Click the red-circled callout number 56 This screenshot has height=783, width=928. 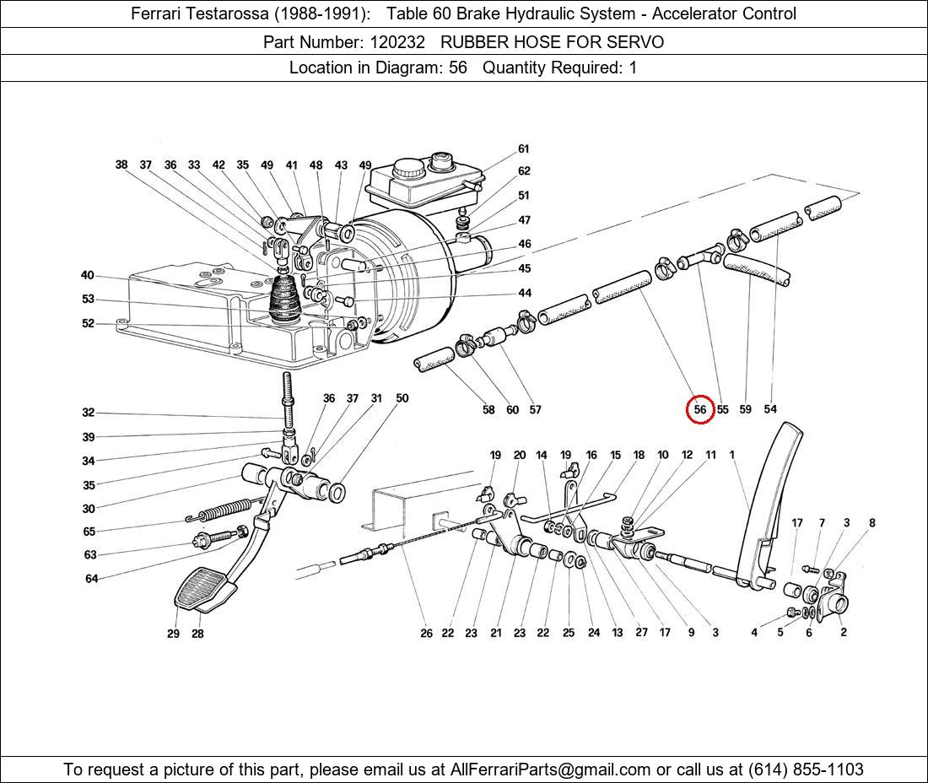coord(700,409)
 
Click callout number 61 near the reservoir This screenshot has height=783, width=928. coord(523,149)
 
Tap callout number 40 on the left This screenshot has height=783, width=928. coord(88,276)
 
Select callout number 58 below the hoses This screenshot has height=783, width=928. coord(488,410)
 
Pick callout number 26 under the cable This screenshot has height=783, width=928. coord(426,633)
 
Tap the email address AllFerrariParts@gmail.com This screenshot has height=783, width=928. coord(551,769)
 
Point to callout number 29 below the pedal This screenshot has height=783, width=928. coord(173,634)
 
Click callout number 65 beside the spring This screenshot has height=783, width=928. coord(89,532)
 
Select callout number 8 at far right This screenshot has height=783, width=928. coord(872,523)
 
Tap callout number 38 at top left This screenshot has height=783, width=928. coord(121,165)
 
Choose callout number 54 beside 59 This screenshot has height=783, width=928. coord(770,409)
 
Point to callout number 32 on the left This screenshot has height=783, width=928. coord(89,413)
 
